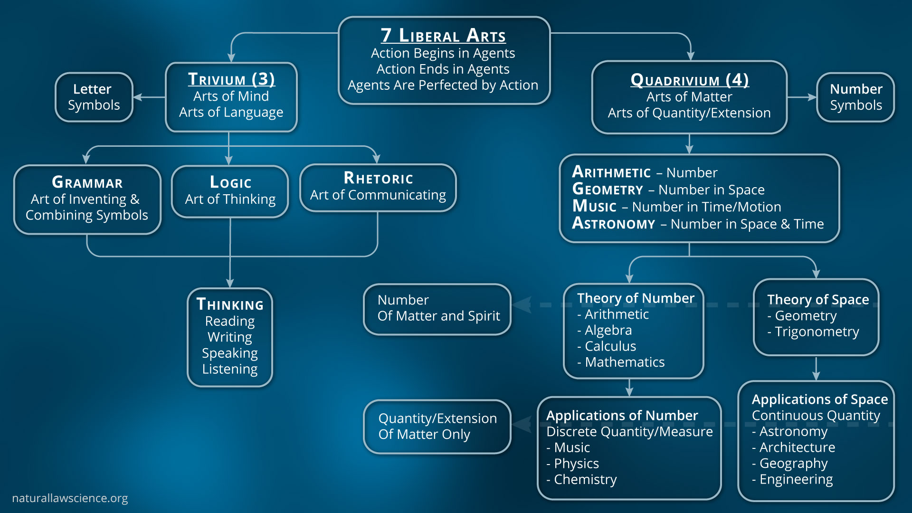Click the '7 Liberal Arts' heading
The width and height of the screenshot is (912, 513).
point(443,35)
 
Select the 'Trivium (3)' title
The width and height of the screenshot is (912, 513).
point(231,79)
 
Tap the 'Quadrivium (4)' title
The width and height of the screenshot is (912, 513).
point(689,80)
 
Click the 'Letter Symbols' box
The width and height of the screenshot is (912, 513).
point(94,97)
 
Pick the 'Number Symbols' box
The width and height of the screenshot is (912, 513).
point(855,97)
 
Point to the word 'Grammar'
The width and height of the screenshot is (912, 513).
point(87,182)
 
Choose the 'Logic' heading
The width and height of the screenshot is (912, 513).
point(230,182)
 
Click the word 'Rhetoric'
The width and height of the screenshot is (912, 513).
point(378,178)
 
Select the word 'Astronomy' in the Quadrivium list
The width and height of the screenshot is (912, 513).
point(613,224)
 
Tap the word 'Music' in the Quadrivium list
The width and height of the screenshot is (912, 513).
point(594,207)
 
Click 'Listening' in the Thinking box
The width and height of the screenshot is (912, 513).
point(230,369)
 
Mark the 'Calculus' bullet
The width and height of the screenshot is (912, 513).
point(610,346)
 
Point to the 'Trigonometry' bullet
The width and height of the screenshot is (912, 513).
point(817,332)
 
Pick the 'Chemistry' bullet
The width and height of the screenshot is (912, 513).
point(585,480)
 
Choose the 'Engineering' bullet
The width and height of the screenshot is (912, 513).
point(796,480)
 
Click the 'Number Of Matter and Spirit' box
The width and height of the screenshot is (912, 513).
point(437,309)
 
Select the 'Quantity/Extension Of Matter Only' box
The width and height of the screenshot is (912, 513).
point(437,427)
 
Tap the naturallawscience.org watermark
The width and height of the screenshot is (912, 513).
point(70,498)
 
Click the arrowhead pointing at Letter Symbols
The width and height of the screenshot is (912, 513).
point(137,97)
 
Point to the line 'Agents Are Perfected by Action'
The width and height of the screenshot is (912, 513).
point(443,85)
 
